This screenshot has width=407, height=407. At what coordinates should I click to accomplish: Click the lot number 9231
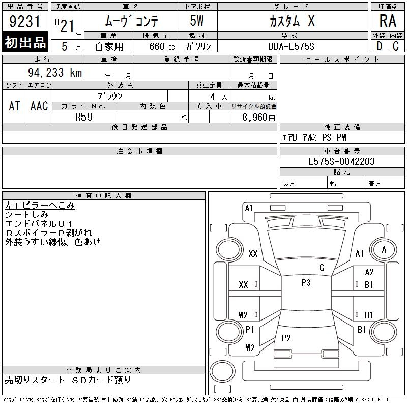(x=24, y=21)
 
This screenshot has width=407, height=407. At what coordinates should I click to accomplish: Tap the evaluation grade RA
(x=388, y=21)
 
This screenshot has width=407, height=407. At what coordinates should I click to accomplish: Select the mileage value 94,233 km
(x=55, y=72)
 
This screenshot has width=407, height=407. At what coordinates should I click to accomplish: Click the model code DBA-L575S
(x=291, y=46)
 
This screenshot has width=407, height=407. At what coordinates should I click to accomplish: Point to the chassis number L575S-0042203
(x=341, y=161)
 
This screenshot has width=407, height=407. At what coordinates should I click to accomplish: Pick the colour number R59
(x=84, y=117)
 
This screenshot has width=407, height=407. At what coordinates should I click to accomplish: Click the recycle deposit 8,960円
(x=258, y=118)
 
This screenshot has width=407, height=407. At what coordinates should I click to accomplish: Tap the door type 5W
(x=197, y=21)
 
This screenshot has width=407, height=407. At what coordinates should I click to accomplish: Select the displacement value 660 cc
(x=162, y=46)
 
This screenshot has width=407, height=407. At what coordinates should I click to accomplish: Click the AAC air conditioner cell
(x=39, y=106)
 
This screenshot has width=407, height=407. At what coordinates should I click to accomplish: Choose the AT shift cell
(x=15, y=106)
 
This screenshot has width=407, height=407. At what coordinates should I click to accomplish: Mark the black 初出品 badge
(x=25, y=42)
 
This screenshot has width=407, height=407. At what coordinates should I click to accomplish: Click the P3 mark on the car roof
(x=306, y=282)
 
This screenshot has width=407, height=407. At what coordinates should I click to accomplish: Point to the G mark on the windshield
(x=322, y=268)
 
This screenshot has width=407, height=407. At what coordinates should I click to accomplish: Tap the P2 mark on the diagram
(x=286, y=338)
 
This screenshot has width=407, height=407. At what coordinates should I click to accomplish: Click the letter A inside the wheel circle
(x=384, y=250)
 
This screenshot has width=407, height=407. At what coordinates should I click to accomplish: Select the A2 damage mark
(x=369, y=272)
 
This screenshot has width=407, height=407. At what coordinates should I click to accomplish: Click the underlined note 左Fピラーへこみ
(x=40, y=206)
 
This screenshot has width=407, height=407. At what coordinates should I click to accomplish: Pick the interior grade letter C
(x=396, y=46)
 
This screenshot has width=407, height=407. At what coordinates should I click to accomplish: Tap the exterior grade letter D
(x=379, y=46)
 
